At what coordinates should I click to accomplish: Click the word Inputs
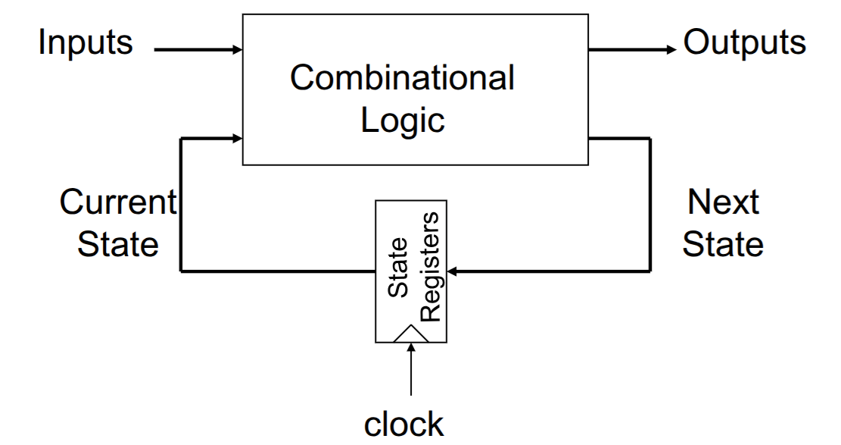pyautogui.click(x=86, y=42)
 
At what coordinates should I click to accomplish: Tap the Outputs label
pyautogui.click(x=744, y=42)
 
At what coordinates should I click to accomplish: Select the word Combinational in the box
pyautogui.click(x=402, y=77)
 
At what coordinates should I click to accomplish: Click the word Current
pyautogui.click(x=118, y=202)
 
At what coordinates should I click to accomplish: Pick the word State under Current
pyautogui.click(x=118, y=245)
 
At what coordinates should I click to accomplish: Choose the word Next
pyautogui.click(x=723, y=202)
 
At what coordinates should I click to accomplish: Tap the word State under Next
pyautogui.click(x=723, y=245)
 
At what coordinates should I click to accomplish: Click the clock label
pyautogui.click(x=404, y=425)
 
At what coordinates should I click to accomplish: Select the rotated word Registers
pyautogui.click(x=430, y=267)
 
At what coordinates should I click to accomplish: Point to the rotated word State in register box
pyautogui.click(x=397, y=267)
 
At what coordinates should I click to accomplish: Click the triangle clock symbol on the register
pyautogui.click(x=411, y=334)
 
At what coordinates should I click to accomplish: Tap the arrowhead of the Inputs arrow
pyautogui.click(x=237, y=50)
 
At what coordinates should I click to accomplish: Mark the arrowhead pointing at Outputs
pyautogui.click(x=671, y=50)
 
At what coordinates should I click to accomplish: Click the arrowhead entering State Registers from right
pyautogui.click(x=452, y=271)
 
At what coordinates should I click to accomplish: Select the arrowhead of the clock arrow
pyautogui.click(x=411, y=348)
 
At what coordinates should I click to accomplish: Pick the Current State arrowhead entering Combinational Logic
pyautogui.click(x=237, y=139)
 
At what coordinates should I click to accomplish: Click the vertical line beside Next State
pyautogui.click(x=650, y=205)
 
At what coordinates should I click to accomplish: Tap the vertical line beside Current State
pyautogui.click(x=181, y=205)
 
